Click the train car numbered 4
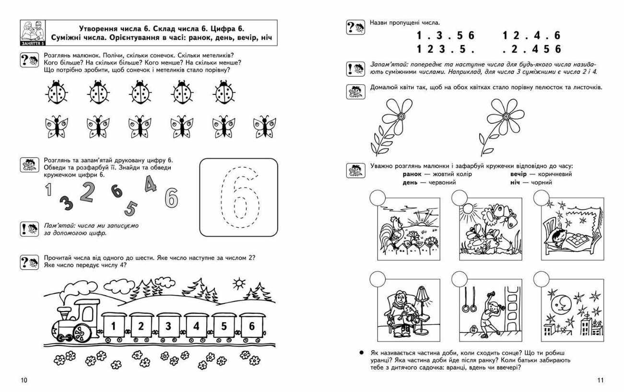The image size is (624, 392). (196, 326)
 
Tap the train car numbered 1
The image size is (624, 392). (113, 326)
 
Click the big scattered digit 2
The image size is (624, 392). (87, 192)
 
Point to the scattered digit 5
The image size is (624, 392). (130, 208)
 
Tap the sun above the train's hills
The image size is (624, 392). (239, 284)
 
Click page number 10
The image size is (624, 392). (24, 380)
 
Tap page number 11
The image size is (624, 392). (600, 380)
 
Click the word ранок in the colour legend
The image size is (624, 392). (412, 174)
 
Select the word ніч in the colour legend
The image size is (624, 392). (515, 183)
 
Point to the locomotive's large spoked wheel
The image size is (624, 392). (82, 333)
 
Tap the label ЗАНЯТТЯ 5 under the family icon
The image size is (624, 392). (33, 44)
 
